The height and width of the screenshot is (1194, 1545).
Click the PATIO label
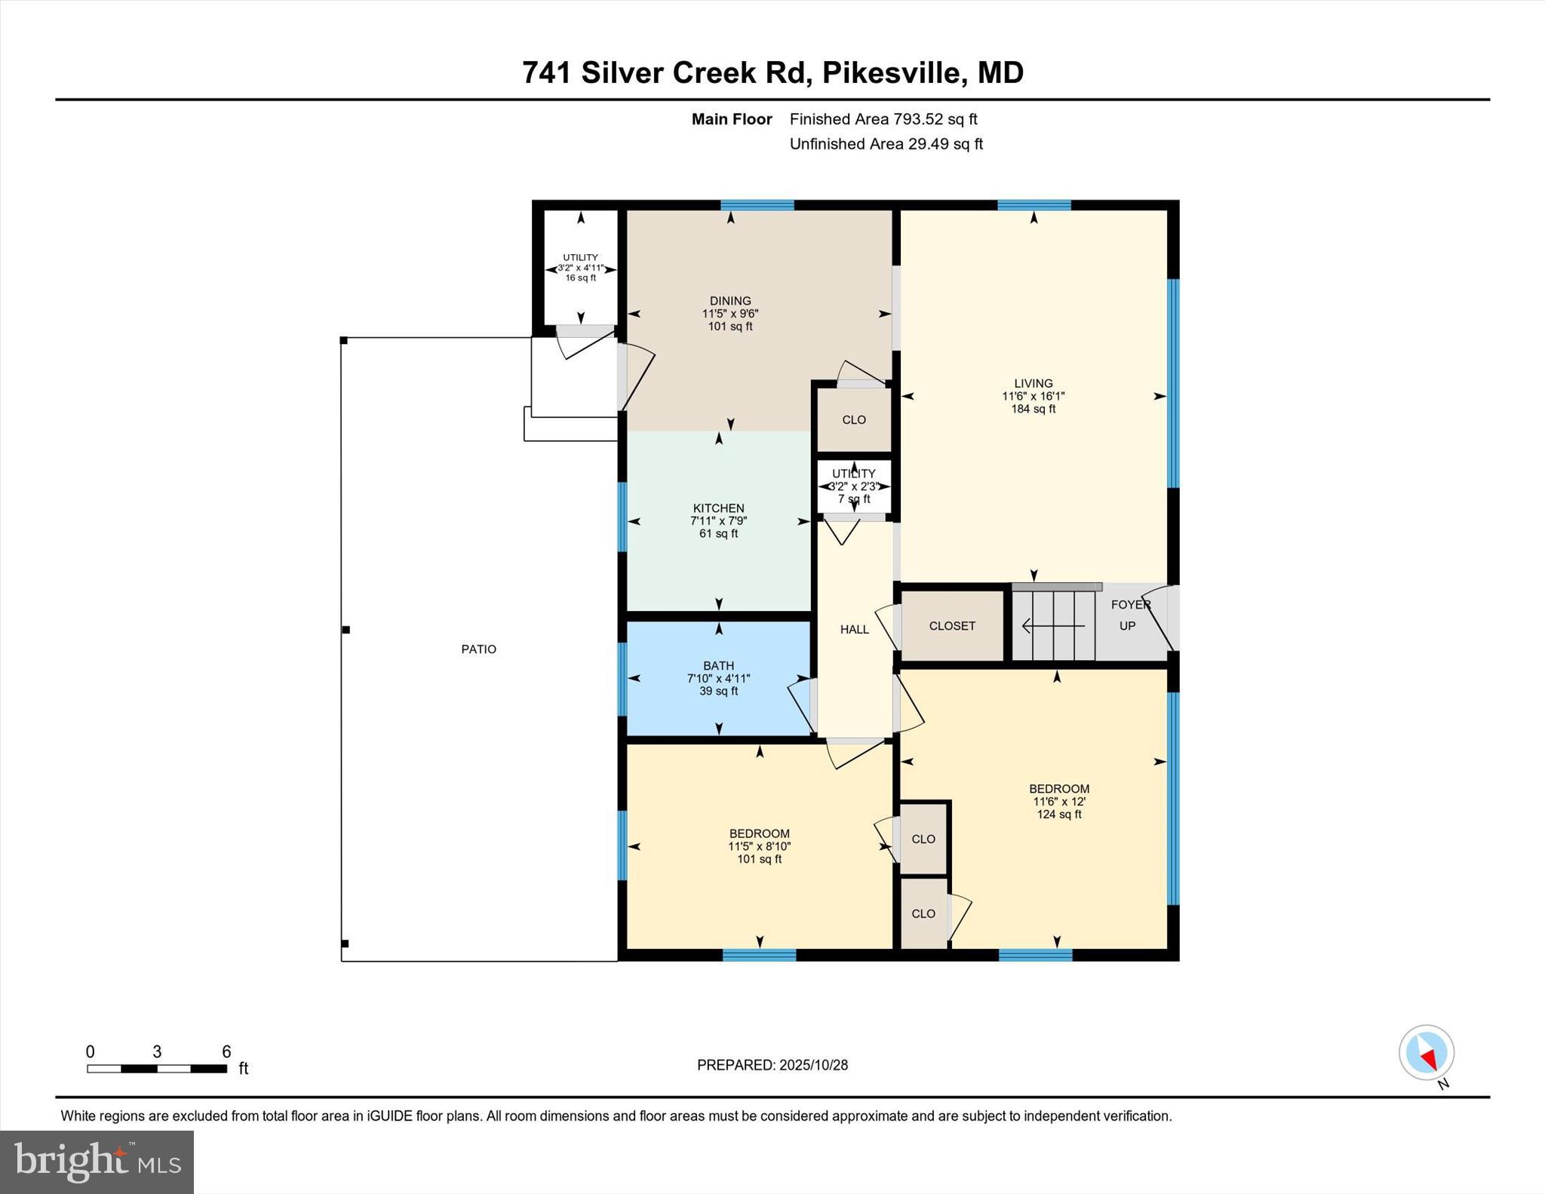coord(478,649)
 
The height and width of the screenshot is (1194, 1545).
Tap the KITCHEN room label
coord(718,508)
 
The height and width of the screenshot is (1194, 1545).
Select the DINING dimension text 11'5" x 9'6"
coord(729,314)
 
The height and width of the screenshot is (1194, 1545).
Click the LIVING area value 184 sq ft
coord(1033,409)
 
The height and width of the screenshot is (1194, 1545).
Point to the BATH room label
coord(718,665)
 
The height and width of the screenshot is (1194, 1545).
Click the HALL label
coord(854,629)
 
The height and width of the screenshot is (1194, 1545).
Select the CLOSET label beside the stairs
coord(952,626)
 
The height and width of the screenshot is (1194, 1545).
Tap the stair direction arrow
coord(1052,626)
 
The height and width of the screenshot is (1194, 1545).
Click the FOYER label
coord(1130,605)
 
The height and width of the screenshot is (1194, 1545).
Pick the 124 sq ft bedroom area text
coord(1059,815)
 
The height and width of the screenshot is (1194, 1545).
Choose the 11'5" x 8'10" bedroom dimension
coord(759,846)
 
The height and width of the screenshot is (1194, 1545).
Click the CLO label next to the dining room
coord(854,420)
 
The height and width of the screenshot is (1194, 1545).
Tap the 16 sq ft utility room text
coord(580,278)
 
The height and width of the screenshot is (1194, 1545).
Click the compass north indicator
coord(1427,1053)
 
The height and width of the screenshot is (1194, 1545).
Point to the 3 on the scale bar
coord(157,1051)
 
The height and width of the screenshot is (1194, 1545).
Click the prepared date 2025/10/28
coord(813,1065)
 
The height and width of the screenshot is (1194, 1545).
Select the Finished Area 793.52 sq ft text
coord(883,119)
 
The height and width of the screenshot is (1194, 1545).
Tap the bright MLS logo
coord(97,1162)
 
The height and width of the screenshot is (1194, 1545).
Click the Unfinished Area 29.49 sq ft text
coord(886,144)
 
